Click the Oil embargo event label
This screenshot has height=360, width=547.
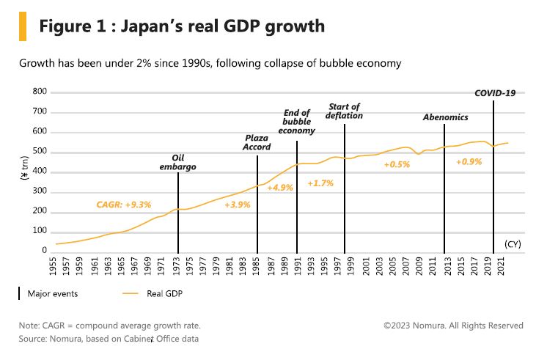click(x=177, y=162)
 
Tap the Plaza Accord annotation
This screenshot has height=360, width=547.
click(x=257, y=142)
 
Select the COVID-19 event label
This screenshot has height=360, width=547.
click(x=495, y=93)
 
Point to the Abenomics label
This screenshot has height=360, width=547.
click(x=445, y=117)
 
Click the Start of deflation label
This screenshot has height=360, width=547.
click(x=345, y=111)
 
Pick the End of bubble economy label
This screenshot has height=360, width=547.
click(x=297, y=122)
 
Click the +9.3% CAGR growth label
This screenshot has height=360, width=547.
click(x=124, y=205)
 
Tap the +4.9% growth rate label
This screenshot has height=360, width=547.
click(x=279, y=188)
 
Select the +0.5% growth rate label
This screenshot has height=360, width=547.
click(x=397, y=164)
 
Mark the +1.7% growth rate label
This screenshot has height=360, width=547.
click(x=320, y=183)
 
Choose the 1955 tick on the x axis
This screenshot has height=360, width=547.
click(x=56, y=266)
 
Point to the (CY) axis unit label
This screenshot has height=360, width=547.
click(x=512, y=243)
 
